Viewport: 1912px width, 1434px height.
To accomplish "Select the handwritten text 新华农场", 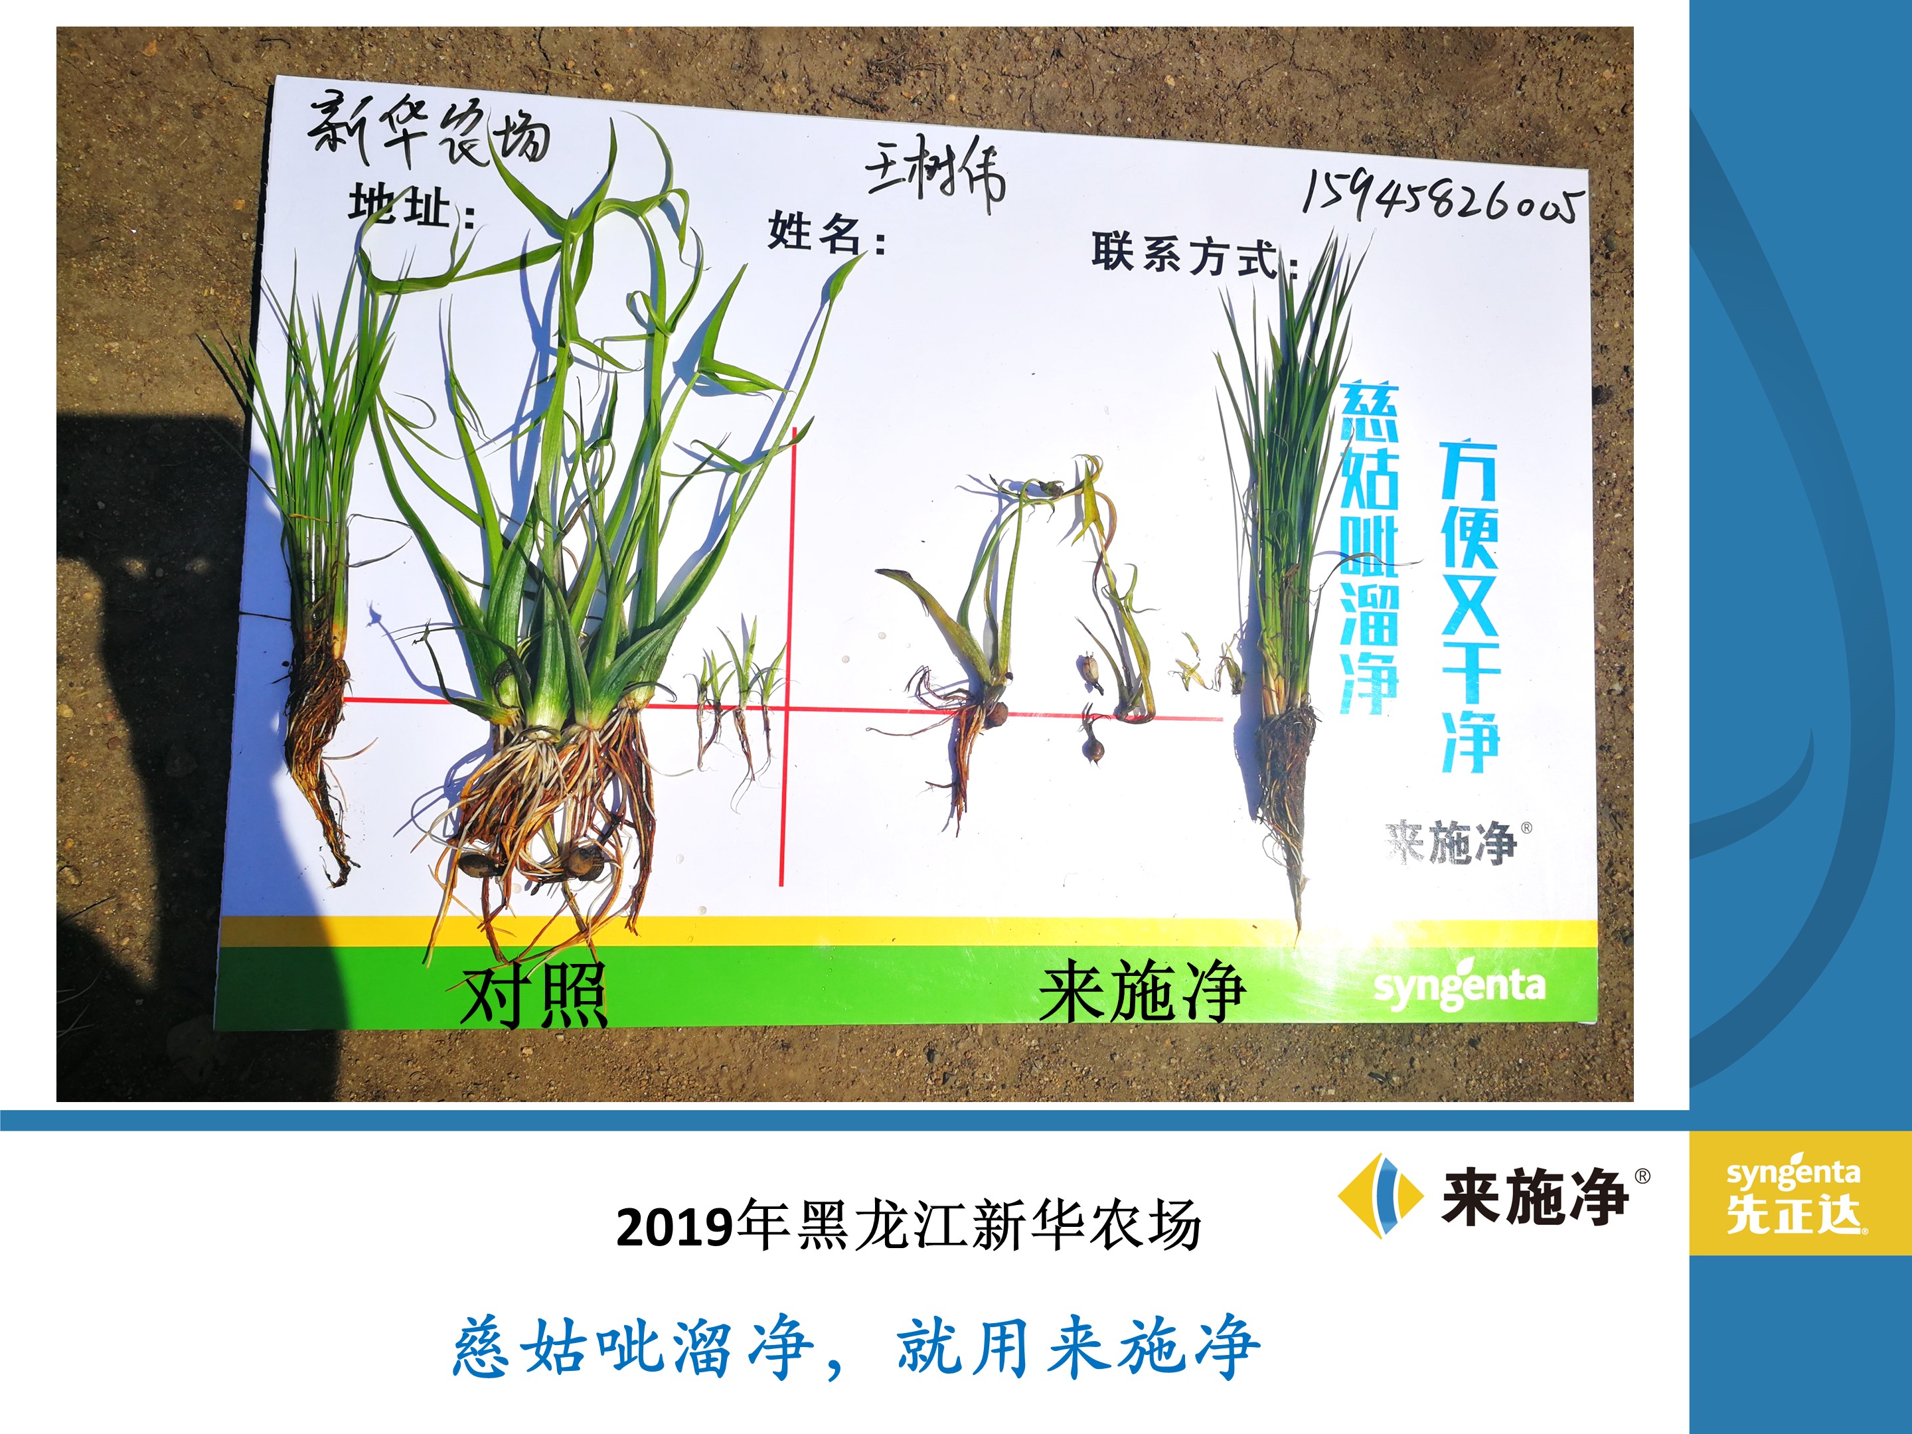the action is tap(429, 132).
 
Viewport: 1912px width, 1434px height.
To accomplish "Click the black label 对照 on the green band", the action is tap(533, 995).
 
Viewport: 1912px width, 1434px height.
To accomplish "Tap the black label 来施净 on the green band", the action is tap(1141, 991).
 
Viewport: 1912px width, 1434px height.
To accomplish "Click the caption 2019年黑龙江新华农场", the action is tap(908, 1225).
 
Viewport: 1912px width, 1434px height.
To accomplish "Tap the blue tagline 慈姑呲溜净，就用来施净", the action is tap(856, 1346).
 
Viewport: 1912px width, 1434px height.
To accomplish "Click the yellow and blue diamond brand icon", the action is tap(1380, 1196).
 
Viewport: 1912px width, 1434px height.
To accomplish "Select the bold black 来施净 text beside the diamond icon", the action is tap(1535, 1196).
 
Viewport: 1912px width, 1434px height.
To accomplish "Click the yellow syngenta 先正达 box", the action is tap(1800, 1194).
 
